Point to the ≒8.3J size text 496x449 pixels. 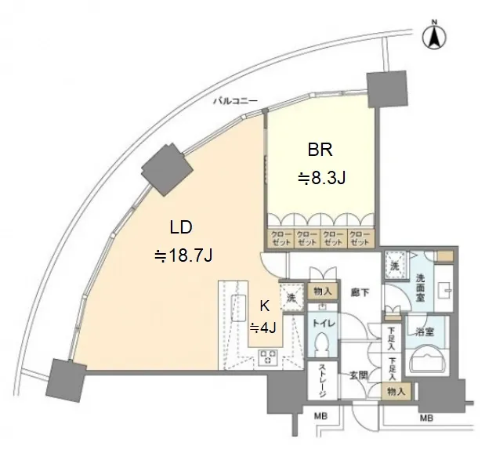[321, 178]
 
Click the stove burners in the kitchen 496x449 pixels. [268, 358]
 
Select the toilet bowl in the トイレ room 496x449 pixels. [322, 342]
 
